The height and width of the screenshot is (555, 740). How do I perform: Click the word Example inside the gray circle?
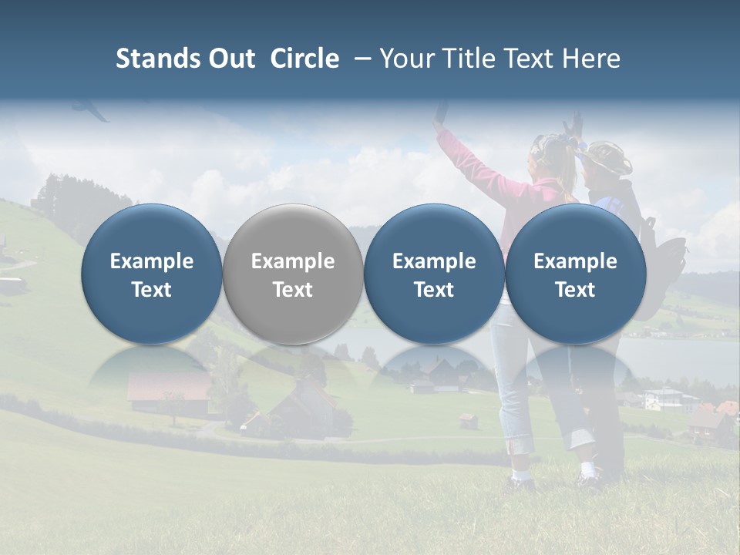pos(293,261)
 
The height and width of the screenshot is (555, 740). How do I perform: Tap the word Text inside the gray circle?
pos(293,290)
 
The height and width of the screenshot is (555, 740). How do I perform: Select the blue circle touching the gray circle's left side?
pos(151,274)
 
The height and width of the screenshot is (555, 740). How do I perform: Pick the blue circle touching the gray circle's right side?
pos(434,274)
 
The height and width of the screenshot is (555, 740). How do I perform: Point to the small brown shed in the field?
pos(467,420)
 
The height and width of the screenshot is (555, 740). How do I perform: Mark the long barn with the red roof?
pos(168,390)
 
